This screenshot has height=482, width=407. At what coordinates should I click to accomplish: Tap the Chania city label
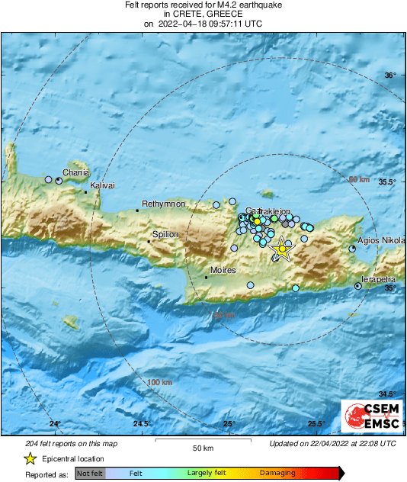click(75, 173)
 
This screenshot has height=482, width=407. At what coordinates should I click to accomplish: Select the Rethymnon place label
click(164, 204)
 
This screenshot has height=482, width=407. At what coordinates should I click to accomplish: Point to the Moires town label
click(223, 271)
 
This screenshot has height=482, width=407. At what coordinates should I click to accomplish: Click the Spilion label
click(165, 235)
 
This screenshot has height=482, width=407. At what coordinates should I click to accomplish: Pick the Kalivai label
click(102, 186)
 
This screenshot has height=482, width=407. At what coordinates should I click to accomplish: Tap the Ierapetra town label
click(381, 280)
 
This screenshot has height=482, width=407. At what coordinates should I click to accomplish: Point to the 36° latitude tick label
click(390, 75)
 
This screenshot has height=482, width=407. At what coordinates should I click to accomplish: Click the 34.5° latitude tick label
click(389, 394)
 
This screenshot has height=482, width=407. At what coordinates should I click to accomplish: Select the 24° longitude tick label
click(54, 424)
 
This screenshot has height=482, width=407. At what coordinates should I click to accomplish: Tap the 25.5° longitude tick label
click(316, 424)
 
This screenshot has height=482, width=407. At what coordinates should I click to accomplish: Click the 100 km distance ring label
click(160, 381)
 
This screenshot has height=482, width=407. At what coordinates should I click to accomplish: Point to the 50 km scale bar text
click(202, 448)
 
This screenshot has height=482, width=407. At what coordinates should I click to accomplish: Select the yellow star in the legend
click(30, 458)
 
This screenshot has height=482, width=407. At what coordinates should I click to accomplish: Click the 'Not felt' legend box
click(91, 474)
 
